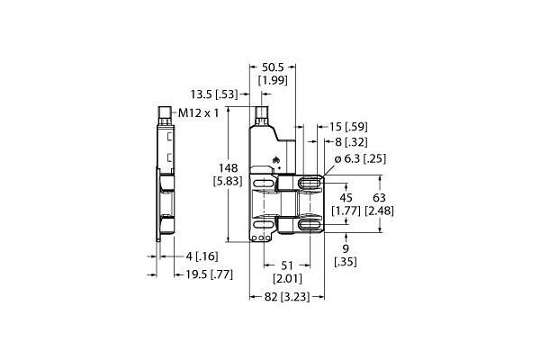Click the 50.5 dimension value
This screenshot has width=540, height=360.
click(273, 67)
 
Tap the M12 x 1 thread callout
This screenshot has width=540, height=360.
click(199, 113)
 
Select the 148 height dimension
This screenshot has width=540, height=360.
click(229, 168)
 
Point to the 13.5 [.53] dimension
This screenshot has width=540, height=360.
click(214, 94)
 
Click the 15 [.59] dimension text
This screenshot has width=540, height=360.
click(348, 127)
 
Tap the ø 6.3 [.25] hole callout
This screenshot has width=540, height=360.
click(360, 158)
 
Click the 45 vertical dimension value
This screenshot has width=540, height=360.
click(346, 198)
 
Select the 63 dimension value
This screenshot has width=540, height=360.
click(379, 198)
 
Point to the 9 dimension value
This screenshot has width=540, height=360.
click(346, 248)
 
